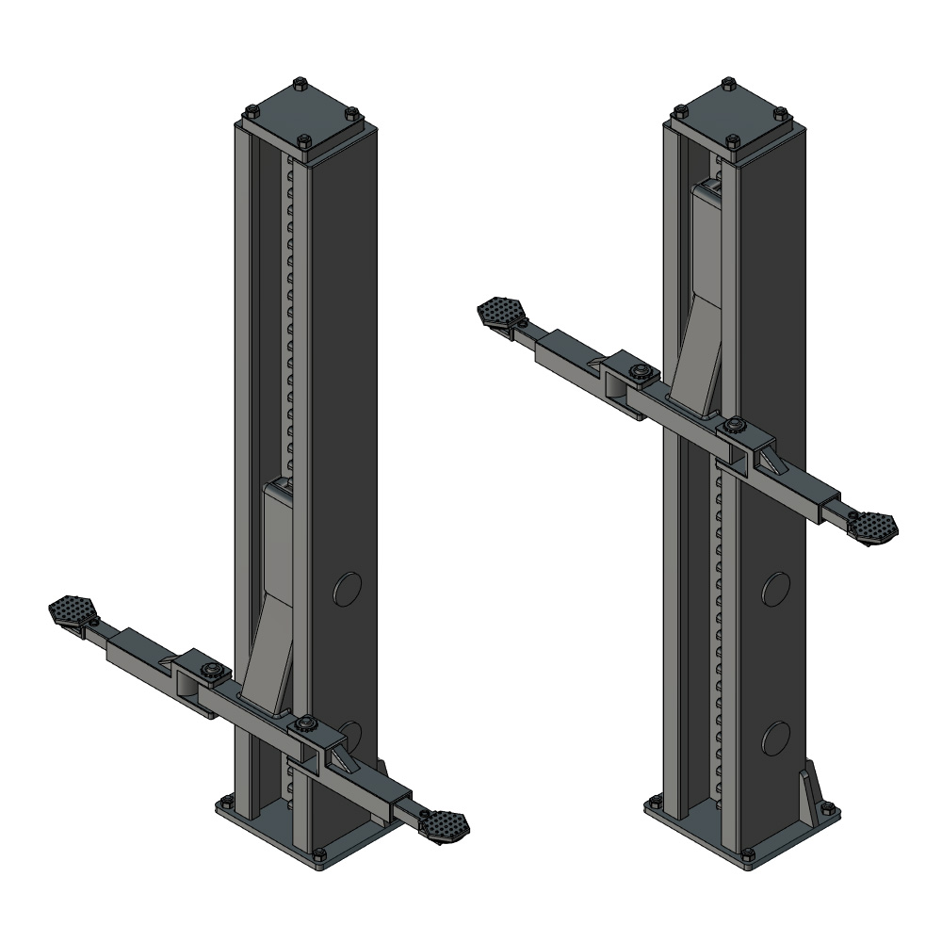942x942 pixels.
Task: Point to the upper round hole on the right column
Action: tap(777, 590)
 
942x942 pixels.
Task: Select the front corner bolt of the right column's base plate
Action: tap(747, 854)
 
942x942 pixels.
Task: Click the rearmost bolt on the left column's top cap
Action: tap(300, 83)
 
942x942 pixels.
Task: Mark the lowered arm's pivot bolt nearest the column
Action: tap(303, 724)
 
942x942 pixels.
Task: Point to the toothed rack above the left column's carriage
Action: tap(291, 320)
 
